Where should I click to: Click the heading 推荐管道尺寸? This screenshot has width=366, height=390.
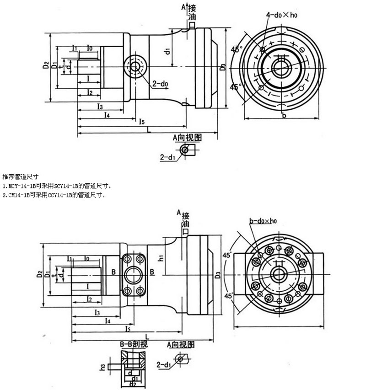click(17, 176)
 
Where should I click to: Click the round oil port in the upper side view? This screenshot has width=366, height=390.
click(135, 67)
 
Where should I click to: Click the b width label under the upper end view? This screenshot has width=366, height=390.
click(284, 116)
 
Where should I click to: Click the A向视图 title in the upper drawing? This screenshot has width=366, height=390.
click(188, 137)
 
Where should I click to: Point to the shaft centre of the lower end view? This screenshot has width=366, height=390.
click(278, 274)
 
